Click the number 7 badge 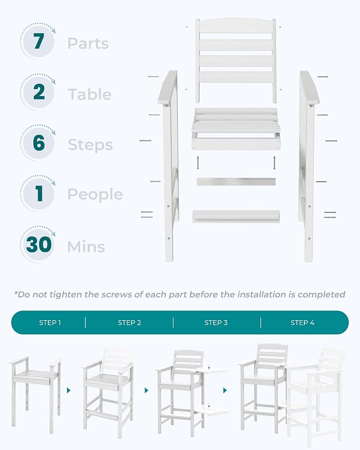38,41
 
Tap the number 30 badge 38,244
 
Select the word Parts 88,43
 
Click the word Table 90,94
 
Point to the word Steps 90,145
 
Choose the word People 95,195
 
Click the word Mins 86,247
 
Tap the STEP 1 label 50,323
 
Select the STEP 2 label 129,323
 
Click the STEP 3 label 216,323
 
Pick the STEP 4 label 302,323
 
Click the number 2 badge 38,92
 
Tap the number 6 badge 38,143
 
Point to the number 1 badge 38,193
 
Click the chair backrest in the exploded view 236,60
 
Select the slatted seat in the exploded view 236,129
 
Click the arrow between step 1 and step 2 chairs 68,390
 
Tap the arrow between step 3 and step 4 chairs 225,390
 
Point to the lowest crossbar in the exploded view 236,216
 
